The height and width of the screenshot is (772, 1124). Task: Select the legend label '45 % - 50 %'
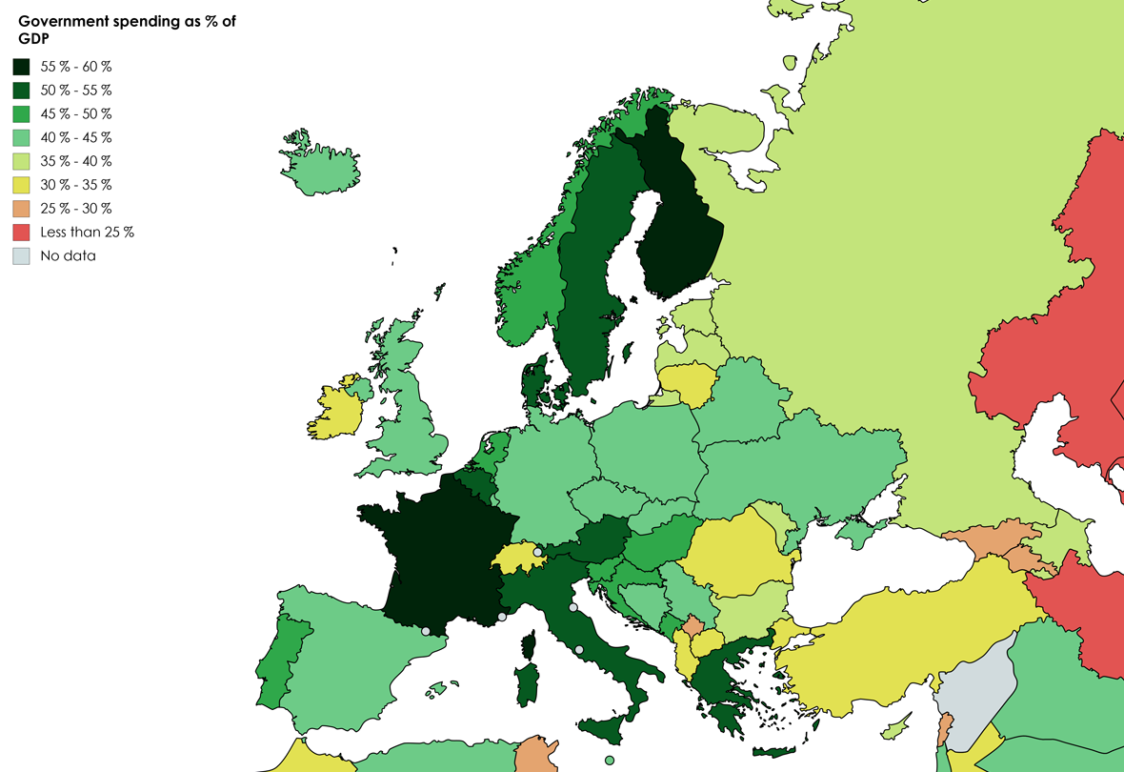click(76, 113)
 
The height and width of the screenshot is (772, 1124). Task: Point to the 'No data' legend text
click(68, 255)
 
